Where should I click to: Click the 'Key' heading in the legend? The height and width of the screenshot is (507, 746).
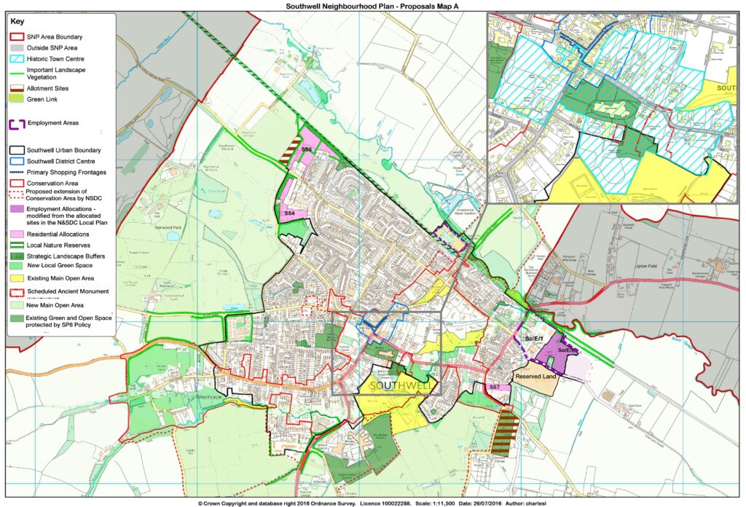point(17,22)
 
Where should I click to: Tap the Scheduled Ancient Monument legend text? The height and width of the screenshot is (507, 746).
point(68,291)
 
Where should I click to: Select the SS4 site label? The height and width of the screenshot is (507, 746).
point(289,213)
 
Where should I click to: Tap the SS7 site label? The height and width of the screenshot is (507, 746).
point(493,388)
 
